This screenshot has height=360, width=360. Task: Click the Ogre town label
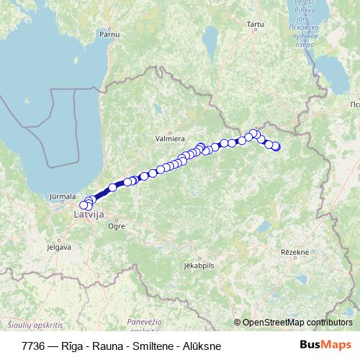tap(116, 225)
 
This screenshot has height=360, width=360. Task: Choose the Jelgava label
tap(58, 247)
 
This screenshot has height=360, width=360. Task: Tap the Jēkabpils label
tap(199, 265)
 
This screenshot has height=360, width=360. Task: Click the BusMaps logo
tap(325, 346)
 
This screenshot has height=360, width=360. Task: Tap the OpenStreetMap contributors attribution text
tap(297, 323)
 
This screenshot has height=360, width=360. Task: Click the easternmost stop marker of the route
tap(275, 147)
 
